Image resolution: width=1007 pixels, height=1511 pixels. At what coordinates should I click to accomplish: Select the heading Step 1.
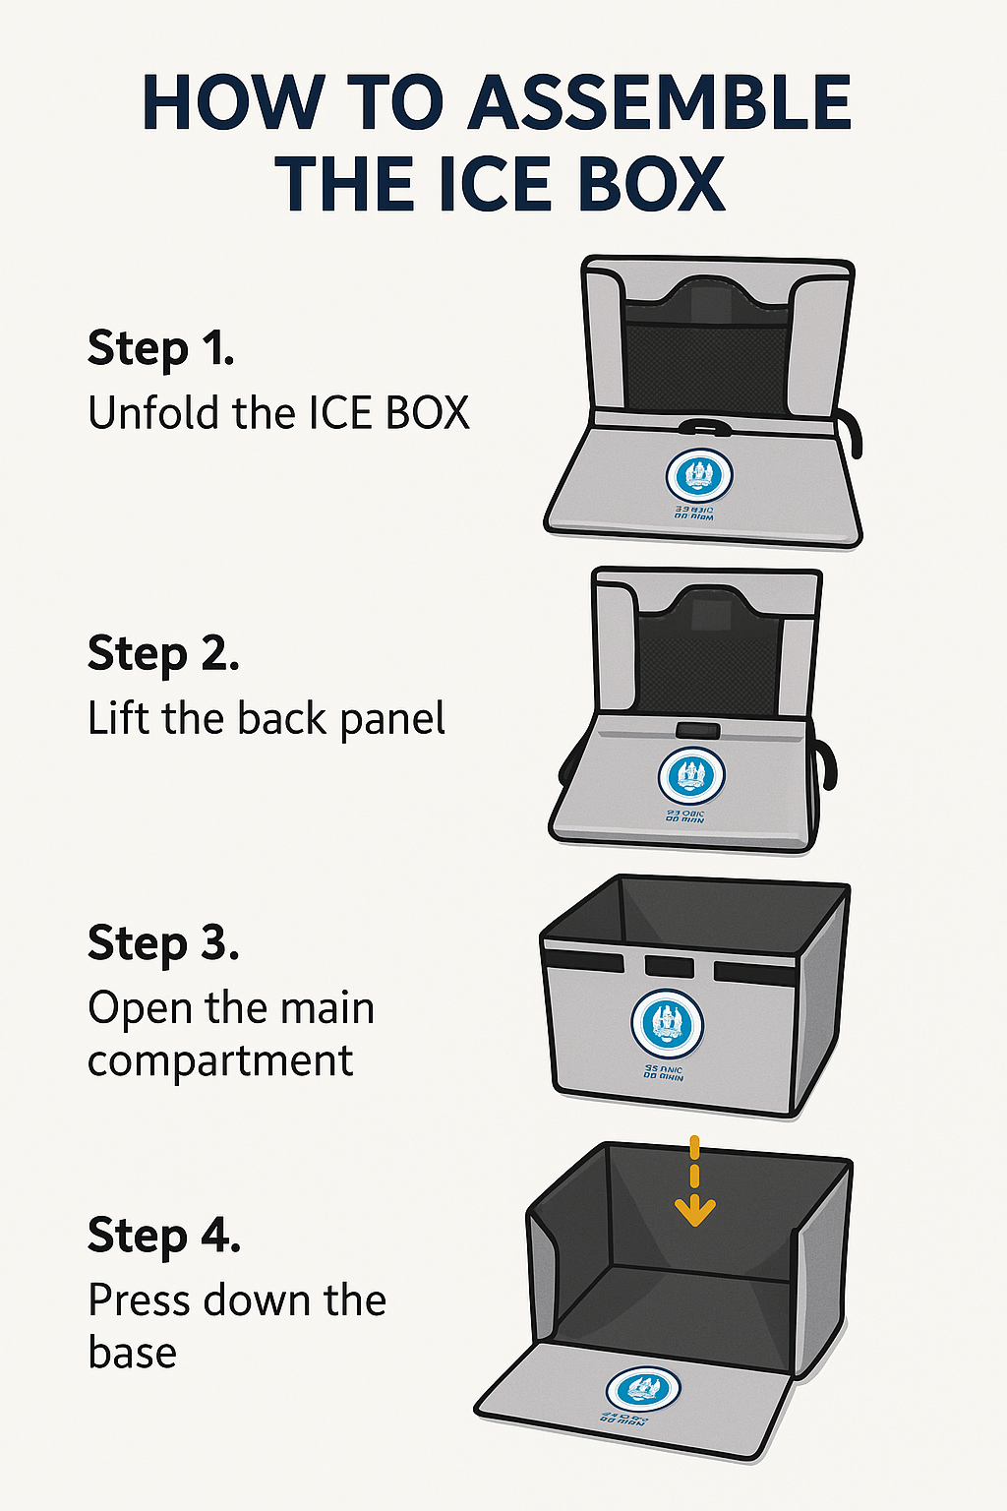160,349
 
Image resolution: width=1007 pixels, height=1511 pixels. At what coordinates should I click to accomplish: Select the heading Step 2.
163,654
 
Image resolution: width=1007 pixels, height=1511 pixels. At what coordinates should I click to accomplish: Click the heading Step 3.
163,944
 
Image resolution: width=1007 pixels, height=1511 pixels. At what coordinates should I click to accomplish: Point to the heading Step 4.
164,1236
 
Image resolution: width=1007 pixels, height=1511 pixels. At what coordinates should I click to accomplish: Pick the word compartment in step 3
220,1061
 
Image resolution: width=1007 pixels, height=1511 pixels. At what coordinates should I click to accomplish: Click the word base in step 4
132,1353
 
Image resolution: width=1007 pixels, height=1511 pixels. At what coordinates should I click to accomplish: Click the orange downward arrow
695,1185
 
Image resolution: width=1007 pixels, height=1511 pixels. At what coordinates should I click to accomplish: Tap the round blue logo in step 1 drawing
699,476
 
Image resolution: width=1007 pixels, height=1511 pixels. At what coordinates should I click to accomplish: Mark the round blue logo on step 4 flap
643,1390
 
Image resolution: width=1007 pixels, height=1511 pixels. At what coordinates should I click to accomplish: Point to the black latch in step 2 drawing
697,731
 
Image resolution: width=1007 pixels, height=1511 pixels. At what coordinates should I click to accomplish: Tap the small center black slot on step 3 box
669,965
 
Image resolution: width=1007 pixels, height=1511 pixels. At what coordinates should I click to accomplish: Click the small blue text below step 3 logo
664,1072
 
